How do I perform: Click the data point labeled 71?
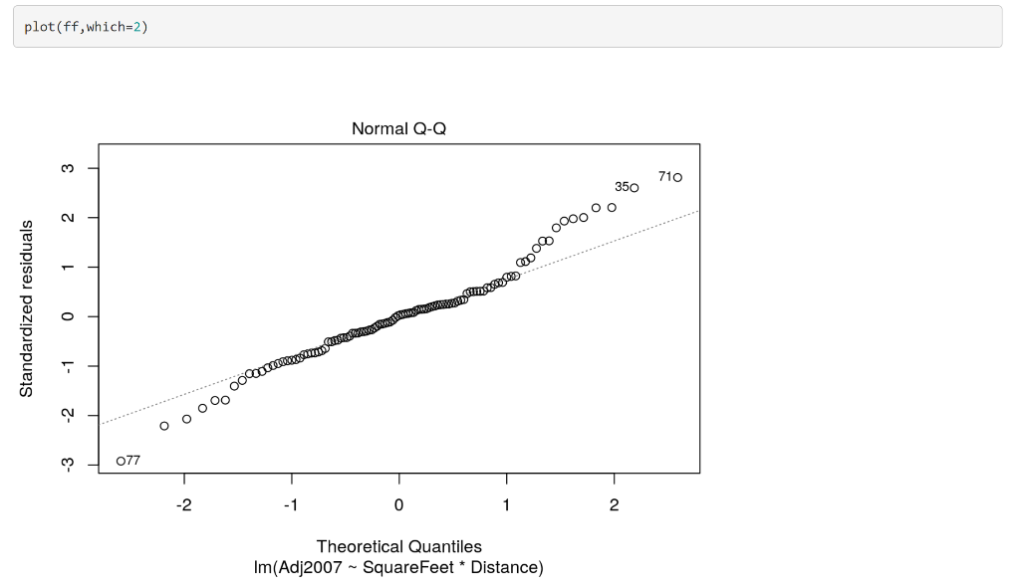(677, 177)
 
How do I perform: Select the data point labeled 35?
(634, 188)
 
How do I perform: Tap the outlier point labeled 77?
(121, 461)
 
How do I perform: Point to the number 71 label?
(665, 176)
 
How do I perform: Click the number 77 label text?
(133, 461)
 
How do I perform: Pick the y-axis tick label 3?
(67, 168)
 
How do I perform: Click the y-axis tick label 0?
(67, 316)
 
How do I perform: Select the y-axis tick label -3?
(67, 464)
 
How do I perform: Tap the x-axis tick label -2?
(184, 505)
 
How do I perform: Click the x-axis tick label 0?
(398, 505)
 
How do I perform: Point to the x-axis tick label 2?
(614, 505)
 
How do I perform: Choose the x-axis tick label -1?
(291, 505)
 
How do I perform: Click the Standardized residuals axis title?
(27, 308)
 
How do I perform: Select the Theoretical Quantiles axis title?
(398, 546)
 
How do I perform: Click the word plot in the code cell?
(38, 27)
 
